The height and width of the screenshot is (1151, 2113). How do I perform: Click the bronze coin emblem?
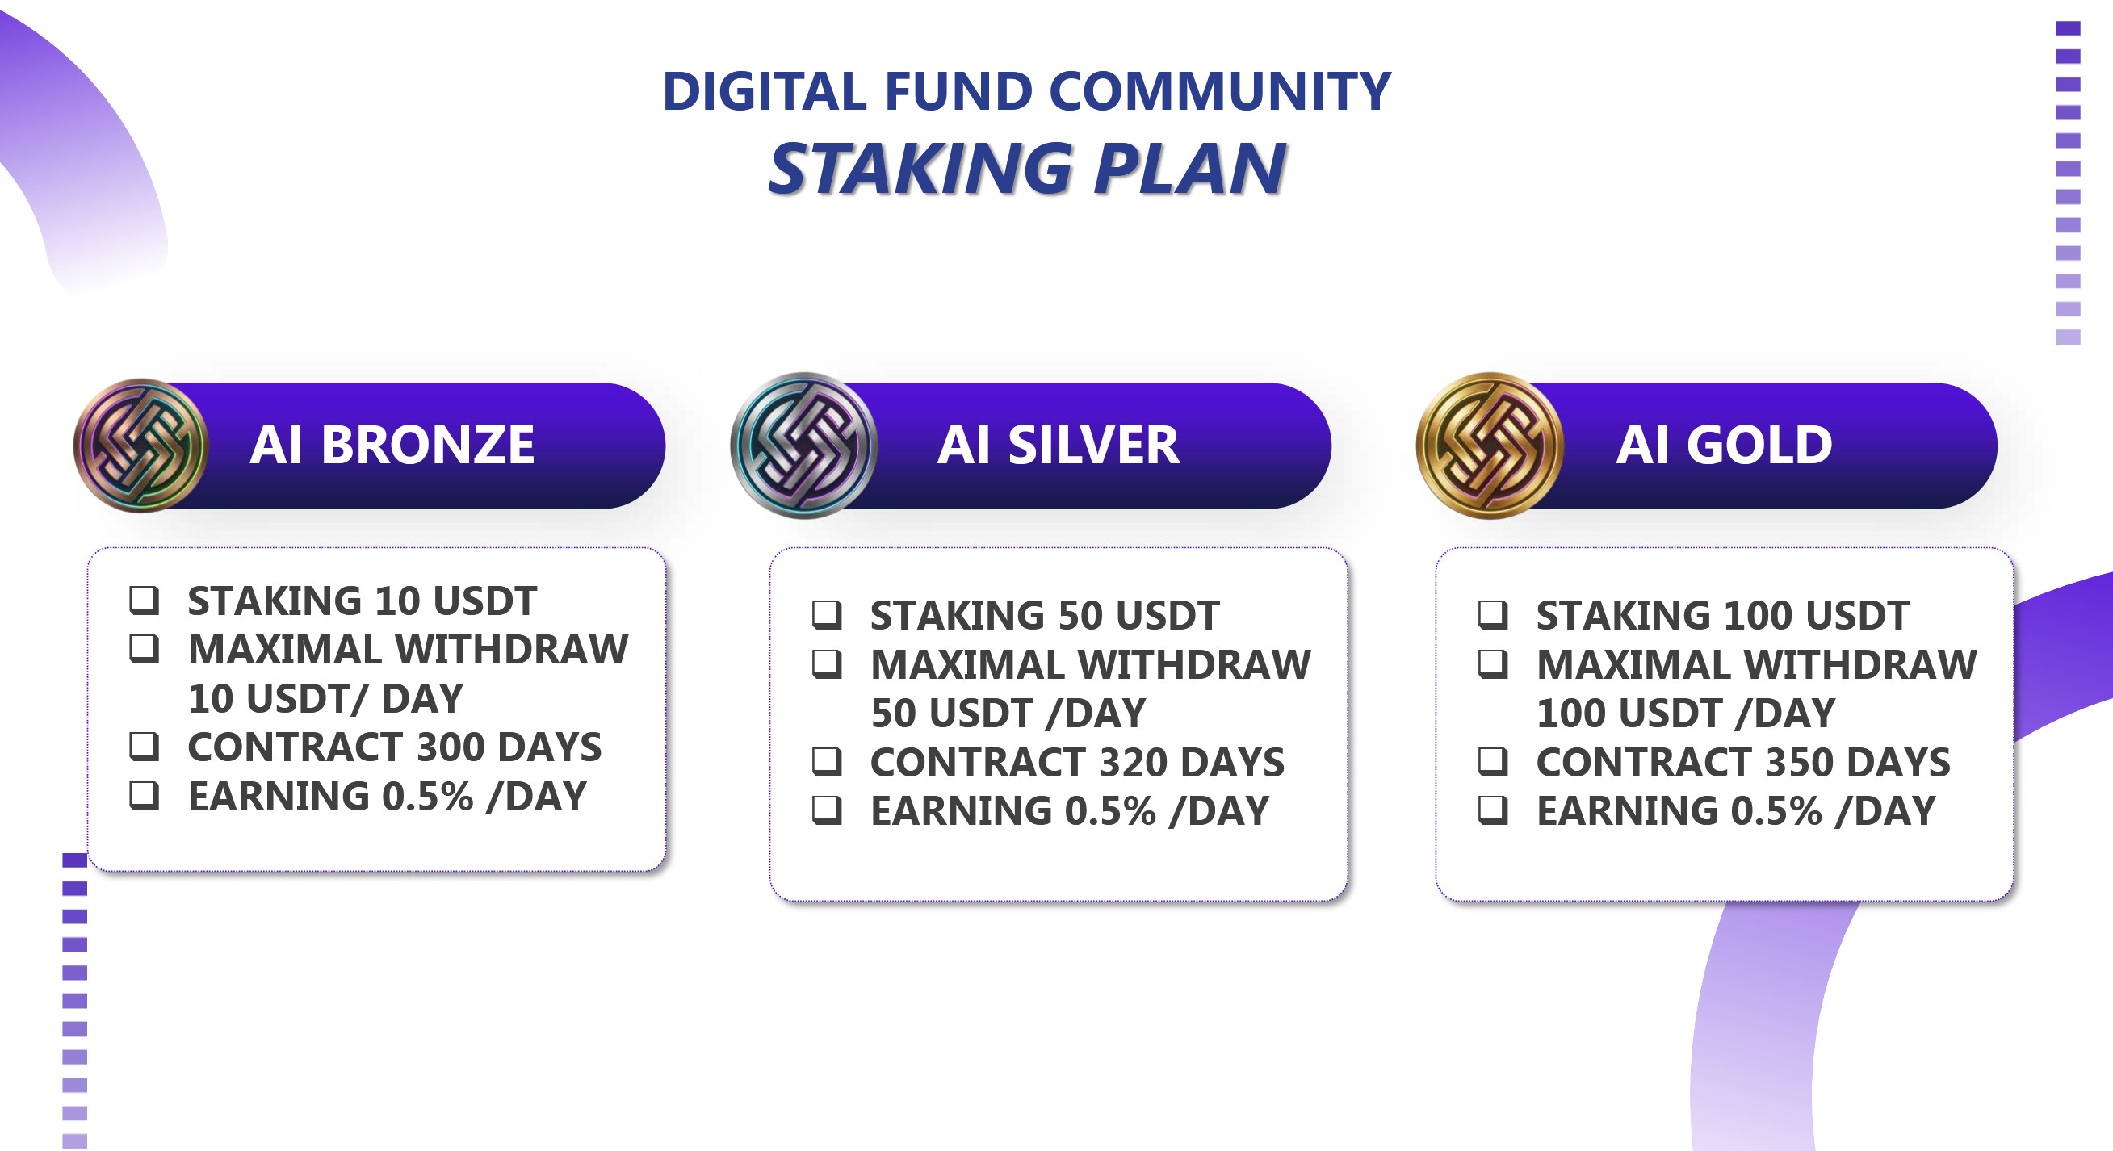(x=141, y=446)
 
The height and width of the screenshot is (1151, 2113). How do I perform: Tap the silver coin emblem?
(x=804, y=446)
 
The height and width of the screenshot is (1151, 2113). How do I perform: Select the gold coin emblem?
(x=1490, y=446)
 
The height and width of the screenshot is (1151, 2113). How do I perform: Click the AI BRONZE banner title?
(x=392, y=446)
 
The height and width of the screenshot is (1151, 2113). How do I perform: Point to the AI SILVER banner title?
(x=1059, y=446)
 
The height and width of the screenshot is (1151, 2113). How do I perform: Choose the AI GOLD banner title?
(x=1723, y=446)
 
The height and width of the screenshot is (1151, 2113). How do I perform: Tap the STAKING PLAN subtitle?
(x=1026, y=168)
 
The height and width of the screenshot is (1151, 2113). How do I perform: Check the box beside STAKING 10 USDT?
(x=145, y=599)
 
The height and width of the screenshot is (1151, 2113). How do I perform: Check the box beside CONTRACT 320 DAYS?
(x=827, y=761)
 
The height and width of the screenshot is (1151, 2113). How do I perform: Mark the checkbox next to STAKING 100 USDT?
(x=1493, y=614)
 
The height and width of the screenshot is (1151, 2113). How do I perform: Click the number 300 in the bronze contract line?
(x=451, y=747)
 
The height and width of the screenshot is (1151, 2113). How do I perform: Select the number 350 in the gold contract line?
(x=1800, y=762)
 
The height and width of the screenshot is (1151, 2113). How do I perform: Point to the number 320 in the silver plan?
(x=1134, y=762)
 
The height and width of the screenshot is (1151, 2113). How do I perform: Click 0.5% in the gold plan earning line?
(x=1776, y=810)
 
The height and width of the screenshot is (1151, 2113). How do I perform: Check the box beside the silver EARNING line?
(x=827, y=810)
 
